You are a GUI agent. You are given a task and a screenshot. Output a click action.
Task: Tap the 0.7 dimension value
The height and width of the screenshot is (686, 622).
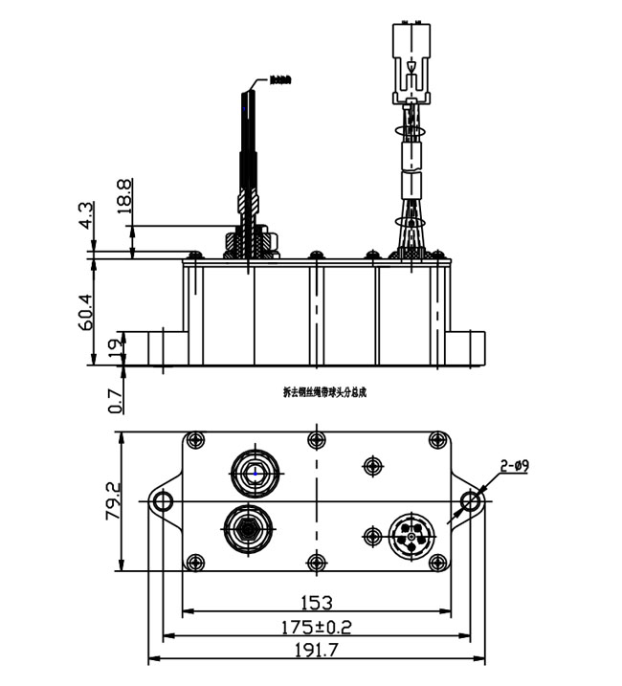click(x=115, y=400)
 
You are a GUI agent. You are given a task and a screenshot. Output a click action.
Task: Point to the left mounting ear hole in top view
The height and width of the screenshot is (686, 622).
click(x=164, y=500)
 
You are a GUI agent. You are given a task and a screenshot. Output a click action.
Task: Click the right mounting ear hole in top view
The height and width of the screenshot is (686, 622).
click(x=470, y=500)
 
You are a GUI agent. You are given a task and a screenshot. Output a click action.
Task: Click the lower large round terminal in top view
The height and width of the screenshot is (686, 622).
click(x=246, y=525)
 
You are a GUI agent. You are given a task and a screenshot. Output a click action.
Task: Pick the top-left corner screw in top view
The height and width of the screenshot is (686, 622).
click(x=195, y=441)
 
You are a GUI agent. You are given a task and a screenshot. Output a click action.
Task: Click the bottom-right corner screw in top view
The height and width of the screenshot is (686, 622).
click(x=437, y=562)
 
